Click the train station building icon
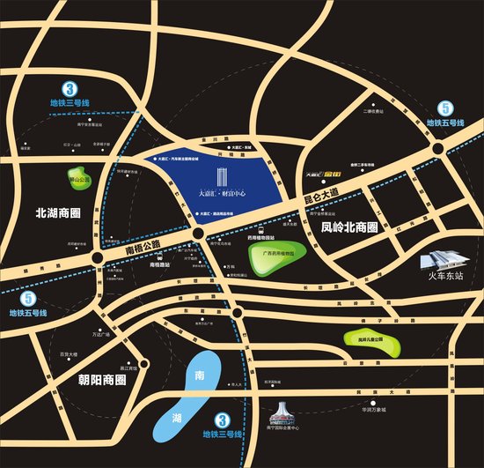click(442, 258)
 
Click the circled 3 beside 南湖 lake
click(223, 421)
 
